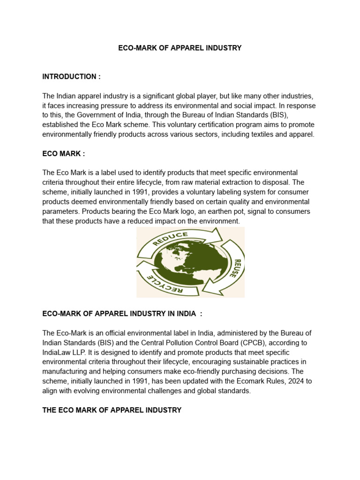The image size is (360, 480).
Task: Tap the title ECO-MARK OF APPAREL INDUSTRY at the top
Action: (180, 48)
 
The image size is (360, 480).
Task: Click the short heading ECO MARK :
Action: (64, 153)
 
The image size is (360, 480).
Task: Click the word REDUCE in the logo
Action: (170, 238)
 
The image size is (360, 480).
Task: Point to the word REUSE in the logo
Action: (238, 268)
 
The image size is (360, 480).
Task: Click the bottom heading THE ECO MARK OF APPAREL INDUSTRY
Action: (112, 410)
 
